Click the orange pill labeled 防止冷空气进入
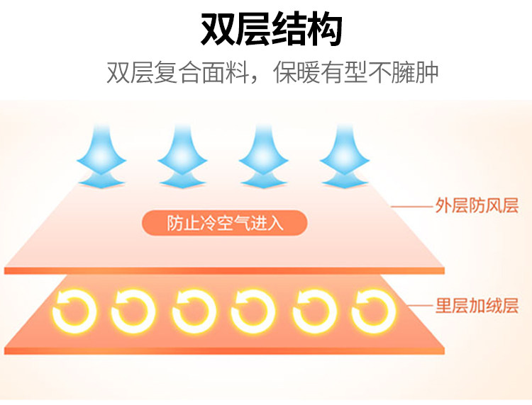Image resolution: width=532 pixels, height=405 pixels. tap(225, 224)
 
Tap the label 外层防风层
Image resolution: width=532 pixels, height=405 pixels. tap(476, 206)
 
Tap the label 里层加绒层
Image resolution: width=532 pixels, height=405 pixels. tap(476, 306)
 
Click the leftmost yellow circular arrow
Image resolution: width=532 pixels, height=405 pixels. tap(73, 310)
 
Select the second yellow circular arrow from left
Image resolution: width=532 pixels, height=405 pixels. tap(133, 310)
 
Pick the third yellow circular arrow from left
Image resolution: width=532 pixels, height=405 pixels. tap(194, 310)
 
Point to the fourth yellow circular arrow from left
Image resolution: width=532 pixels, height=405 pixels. tap(253, 310)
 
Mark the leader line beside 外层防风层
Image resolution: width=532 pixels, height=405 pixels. tap(411, 207)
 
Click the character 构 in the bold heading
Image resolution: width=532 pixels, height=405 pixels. tap(325, 30)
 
